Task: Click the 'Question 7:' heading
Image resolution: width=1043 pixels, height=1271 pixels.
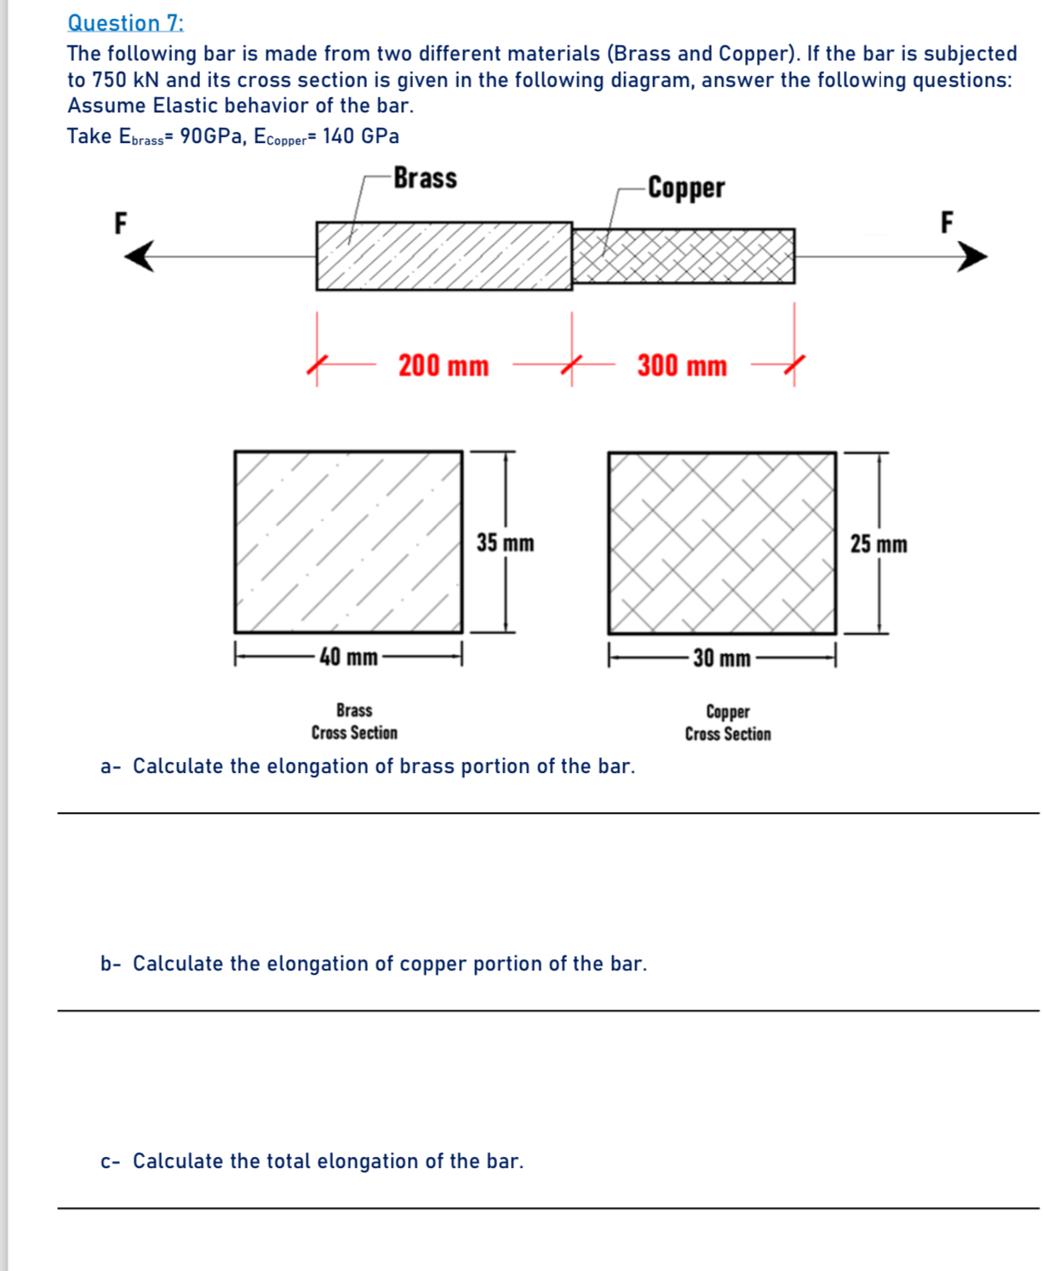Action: pyautogui.click(x=125, y=23)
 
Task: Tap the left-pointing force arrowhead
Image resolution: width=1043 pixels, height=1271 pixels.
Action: pyautogui.click(x=140, y=255)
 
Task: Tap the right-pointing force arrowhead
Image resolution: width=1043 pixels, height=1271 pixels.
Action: pyautogui.click(x=971, y=255)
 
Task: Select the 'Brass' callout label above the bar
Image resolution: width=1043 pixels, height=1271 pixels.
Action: pyautogui.click(x=425, y=178)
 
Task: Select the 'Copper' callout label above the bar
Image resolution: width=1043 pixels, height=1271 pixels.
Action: pyautogui.click(x=686, y=187)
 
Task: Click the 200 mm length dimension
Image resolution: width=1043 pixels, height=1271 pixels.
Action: pyautogui.click(x=444, y=366)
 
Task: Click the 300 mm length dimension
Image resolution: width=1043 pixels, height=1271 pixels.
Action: pyautogui.click(x=682, y=366)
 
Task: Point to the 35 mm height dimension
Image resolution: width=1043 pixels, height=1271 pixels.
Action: pyautogui.click(x=505, y=543)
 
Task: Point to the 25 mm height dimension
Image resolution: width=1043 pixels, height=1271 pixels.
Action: pyautogui.click(x=879, y=544)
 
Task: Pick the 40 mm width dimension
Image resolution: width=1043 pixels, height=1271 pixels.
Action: pyautogui.click(x=348, y=657)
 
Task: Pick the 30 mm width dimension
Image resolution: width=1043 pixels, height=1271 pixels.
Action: pyautogui.click(x=721, y=658)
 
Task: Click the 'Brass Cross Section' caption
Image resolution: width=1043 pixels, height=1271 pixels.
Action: pyautogui.click(x=354, y=721)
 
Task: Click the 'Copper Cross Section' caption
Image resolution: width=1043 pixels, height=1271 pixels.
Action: pyautogui.click(x=728, y=723)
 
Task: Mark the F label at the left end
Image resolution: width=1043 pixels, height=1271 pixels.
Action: pyautogui.click(x=121, y=223)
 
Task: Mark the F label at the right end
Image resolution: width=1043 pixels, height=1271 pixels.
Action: pyautogui.click(x=947, y=222)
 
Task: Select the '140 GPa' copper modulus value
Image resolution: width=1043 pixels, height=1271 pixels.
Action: pyautogui.click(x=360, y=136)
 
